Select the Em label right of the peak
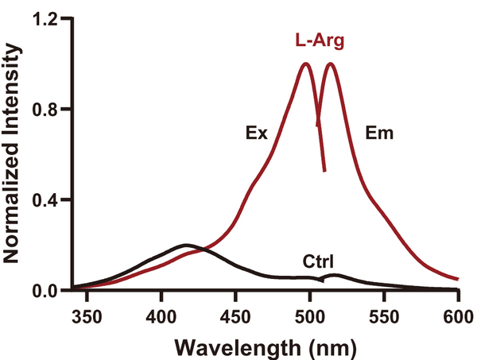tap(378, 134)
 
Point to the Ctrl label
tap(318, 261)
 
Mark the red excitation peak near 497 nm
tap(305, 64)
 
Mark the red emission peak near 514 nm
tap(330, 64)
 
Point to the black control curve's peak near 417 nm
tap(186, 245)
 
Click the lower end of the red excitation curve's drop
tap(324, 171)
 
